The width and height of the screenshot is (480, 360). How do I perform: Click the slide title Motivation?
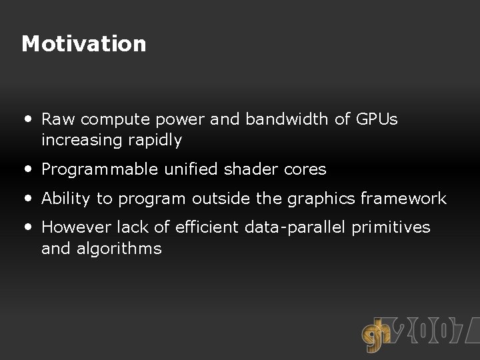[83, 44]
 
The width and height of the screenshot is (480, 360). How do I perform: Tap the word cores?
[305, 169]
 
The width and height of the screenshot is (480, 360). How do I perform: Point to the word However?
[77, 227]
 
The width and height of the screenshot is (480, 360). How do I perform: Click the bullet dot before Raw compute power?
[27, 119]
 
